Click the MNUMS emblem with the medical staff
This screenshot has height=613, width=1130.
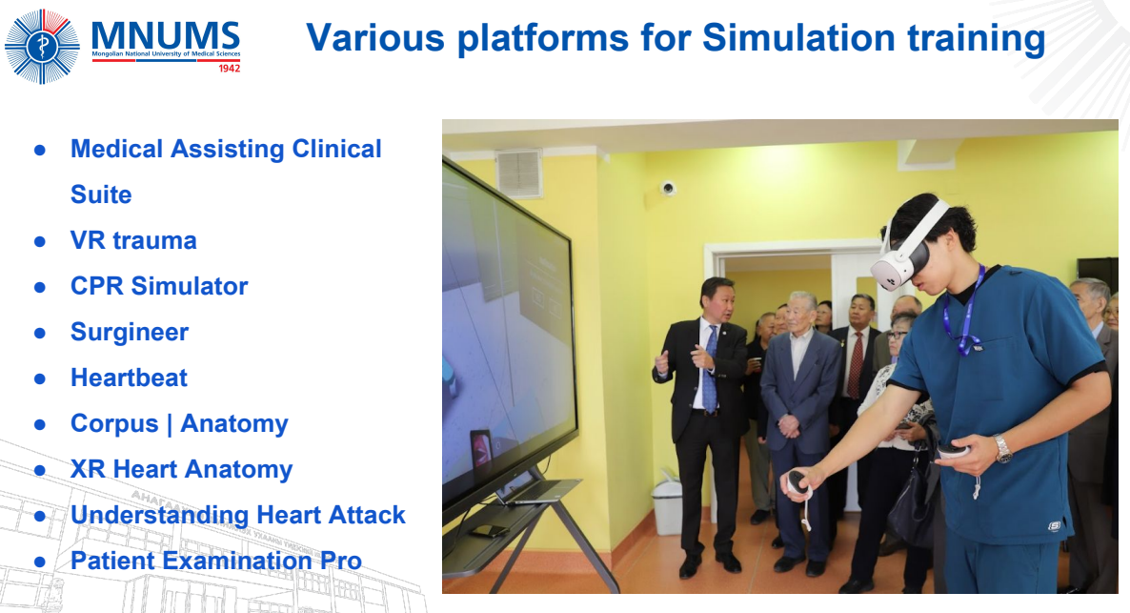(42, 46)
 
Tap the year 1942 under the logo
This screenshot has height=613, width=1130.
(230, 68)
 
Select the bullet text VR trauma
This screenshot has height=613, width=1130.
(133, 240)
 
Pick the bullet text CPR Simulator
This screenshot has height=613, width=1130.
(159, 286)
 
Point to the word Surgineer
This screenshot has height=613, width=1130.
(130, 332)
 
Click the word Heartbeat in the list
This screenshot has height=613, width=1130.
(129, 378)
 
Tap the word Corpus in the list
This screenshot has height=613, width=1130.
(114, 423)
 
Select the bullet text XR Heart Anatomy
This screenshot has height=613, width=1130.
(182, 469)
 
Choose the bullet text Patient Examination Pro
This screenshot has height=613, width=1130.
(216, 561)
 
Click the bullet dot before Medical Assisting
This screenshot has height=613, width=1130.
(40, 150)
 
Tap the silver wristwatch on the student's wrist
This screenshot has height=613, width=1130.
(1002, 449)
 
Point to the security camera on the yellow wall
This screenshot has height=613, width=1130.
(668, 188)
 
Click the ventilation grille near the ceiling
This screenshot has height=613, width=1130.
(518, 173)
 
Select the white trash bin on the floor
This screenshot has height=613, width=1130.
(667, 507)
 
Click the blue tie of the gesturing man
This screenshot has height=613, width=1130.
(711, 370)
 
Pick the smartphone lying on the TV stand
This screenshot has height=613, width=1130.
(489, 532)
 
